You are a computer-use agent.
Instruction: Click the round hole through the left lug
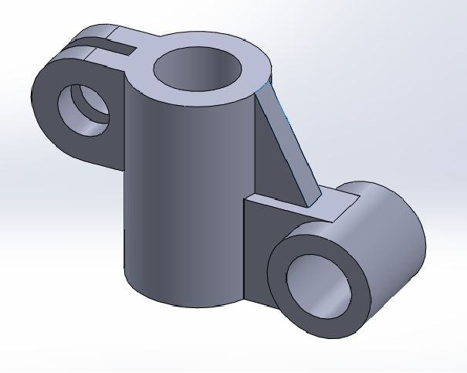pos(85,108)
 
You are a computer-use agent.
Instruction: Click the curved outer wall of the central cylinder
pos(178,193)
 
